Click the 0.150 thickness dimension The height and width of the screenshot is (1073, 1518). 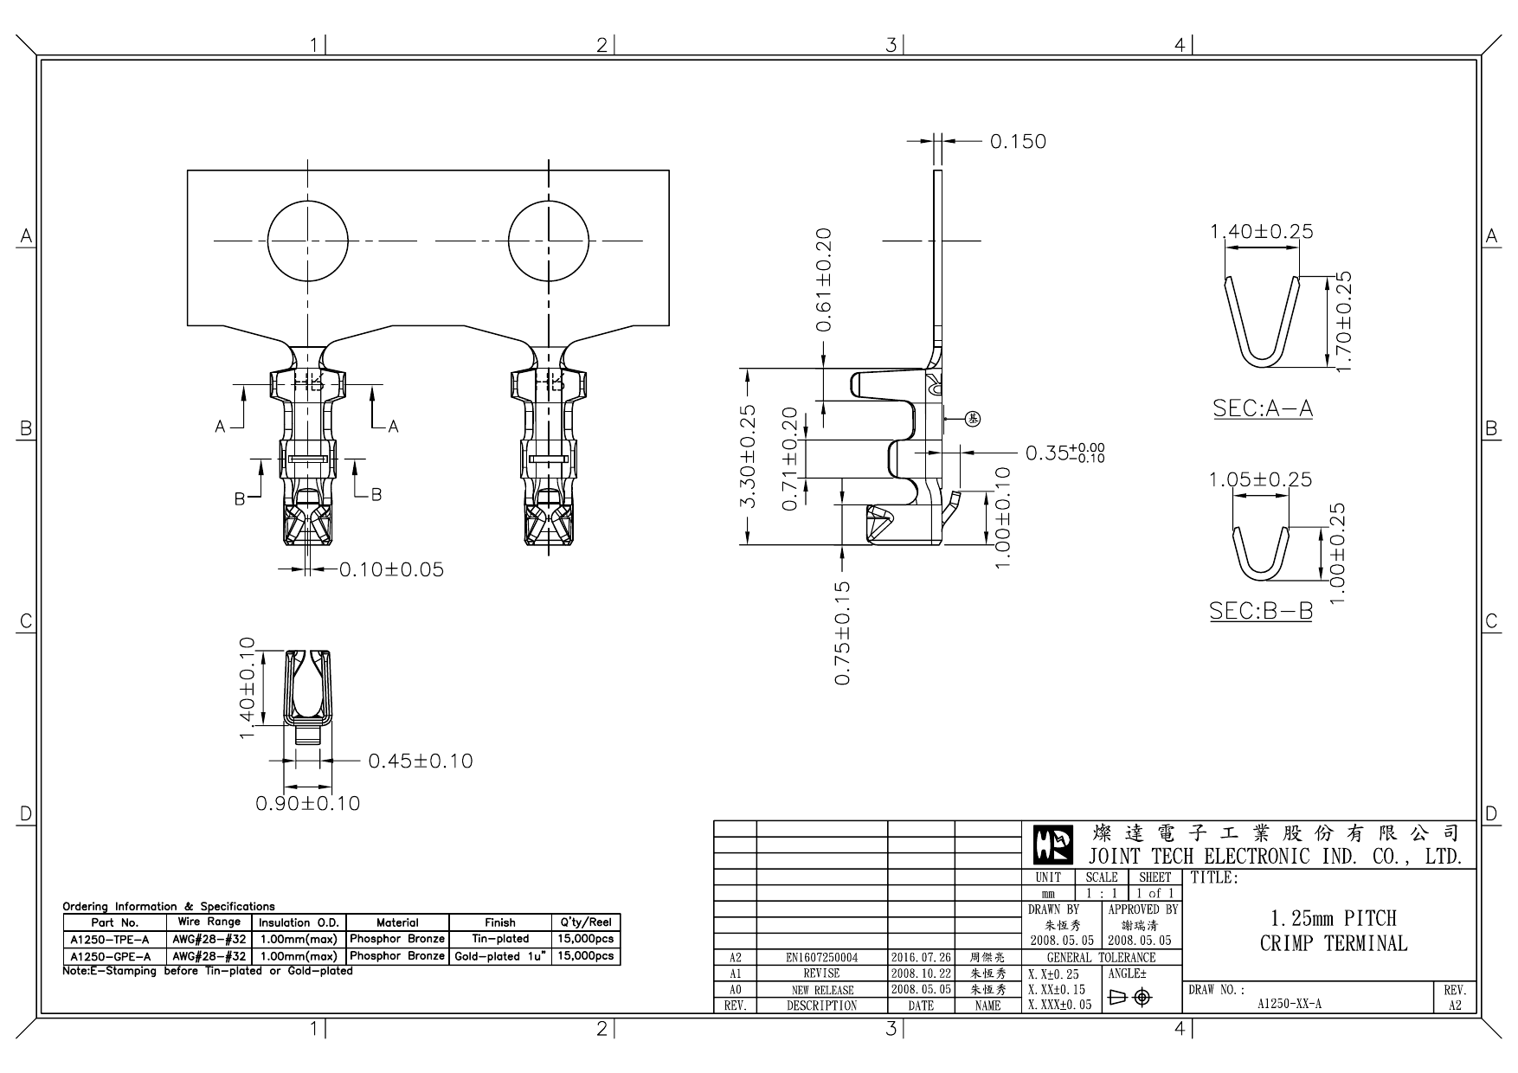click(1018, 142)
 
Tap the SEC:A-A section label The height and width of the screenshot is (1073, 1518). click(1263, 408)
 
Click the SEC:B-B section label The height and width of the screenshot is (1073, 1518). click(1260, 611)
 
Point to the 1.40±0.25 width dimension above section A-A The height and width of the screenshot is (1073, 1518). click(1261, 232)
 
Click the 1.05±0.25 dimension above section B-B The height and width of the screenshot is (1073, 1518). click(1260, 479)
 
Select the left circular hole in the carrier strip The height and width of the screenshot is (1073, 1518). click(308, 241)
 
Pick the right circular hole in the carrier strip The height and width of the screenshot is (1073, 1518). click(549, 241)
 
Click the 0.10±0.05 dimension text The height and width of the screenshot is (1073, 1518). click(391, 569)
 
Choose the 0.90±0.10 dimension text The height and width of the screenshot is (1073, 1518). click(308, 803)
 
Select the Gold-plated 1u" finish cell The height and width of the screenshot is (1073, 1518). click(500, 956)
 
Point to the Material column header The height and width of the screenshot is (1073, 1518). click(397, 922)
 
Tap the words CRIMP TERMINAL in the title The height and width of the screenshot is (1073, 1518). click(1334, 943)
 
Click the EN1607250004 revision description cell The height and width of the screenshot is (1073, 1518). click(821, 958)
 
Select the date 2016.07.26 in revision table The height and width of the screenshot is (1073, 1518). click(921, 958)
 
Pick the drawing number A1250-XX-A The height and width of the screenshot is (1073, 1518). click(1289, 1005)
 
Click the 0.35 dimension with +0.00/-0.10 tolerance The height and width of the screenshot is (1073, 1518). click(1065, 453)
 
